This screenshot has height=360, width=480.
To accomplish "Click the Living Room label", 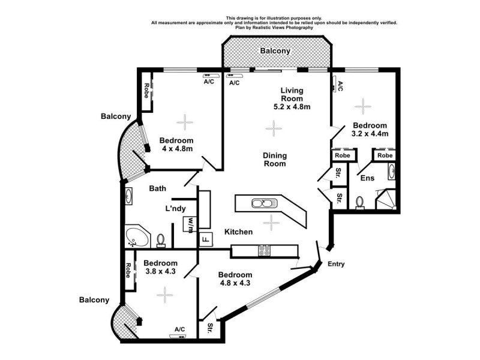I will coord(292,95).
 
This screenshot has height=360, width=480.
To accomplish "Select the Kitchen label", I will coord(238,232).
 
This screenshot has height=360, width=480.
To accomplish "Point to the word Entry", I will coord(336,264).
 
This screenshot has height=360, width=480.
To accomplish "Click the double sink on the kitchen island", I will coord(264,203).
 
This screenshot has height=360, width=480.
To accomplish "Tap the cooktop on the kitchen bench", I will coord(264,251).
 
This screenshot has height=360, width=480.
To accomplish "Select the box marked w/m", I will coord(190,224).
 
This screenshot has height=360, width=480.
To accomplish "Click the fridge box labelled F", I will coord(205,239).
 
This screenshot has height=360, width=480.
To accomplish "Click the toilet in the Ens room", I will coord(360,202).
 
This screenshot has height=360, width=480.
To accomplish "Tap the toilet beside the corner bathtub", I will coord(161,240).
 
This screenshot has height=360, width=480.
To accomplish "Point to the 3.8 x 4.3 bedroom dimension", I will coord(160,271).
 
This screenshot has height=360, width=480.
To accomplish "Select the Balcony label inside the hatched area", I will coord(275,51).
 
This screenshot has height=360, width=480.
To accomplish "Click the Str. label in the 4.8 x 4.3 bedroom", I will coord(211,328).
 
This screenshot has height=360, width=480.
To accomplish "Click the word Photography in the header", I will coord(295,28).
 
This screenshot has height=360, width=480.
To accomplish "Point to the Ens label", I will coord(367,178).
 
